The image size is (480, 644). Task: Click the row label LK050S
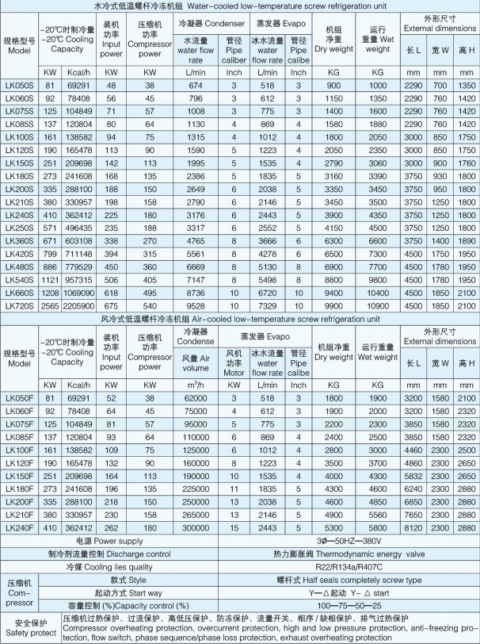click(x=18, y=84)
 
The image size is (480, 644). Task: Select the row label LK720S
click(x=18, y=305)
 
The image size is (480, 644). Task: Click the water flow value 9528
click(x=196, y=305)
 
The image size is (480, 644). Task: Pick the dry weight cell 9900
click(x=333, y=305)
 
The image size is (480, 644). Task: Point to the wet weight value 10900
click(x=378, y=305)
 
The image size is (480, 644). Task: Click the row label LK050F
click(x=18, y=395)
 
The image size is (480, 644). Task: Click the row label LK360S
click(x=18, y=240)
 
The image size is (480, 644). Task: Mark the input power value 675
click(x=112, y=305)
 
